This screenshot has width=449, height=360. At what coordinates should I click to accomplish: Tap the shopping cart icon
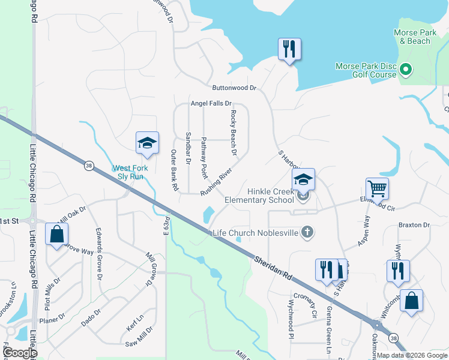377,189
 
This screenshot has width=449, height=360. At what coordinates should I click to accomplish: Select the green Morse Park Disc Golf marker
405,70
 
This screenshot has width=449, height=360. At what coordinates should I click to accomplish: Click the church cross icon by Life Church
307,232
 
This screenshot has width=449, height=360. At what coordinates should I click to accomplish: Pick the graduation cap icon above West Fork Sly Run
147,143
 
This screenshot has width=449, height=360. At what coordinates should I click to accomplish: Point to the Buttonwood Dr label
234,88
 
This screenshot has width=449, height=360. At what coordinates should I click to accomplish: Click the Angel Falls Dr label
211,103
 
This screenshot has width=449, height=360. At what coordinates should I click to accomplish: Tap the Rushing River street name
216,182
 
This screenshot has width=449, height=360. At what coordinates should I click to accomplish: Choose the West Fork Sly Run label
131,173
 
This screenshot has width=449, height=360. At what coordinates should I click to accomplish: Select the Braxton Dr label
414,226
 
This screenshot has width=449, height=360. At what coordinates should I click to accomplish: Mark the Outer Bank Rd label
174,170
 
